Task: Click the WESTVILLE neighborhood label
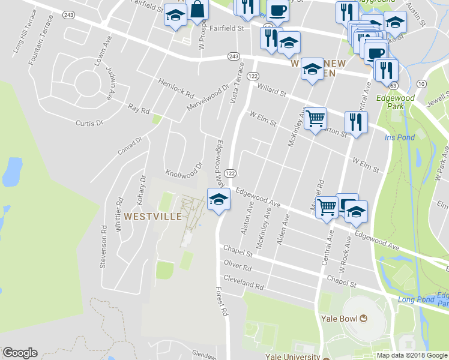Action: click(x=153, y=215)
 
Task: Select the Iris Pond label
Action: click(x=399, y=137)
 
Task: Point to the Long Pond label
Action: click(x=414, y=299)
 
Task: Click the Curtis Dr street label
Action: click(x=89, y=122)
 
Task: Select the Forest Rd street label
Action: click(x=223, y=300)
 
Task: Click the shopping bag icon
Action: click(x=197, y=10)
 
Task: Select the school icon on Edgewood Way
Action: click(x=218, y=199)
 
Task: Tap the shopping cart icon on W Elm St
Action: click(x=315, y=118)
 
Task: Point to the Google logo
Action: click(x=20, y=353)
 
